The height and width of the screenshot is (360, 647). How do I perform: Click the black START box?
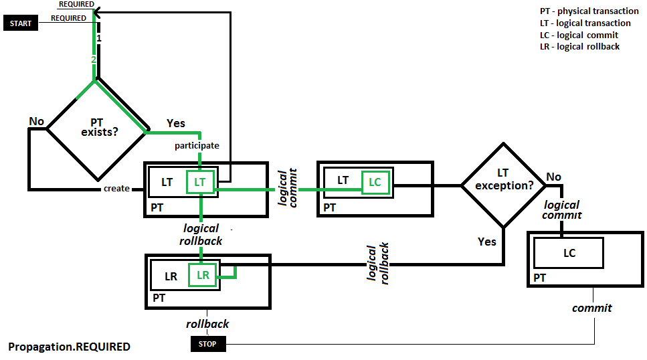pos(21,23)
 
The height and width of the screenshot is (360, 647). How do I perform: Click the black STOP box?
pos(208,345)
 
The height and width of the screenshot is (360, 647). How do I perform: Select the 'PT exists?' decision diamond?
pos(96,127)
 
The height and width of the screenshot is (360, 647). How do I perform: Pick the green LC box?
pos(375,181)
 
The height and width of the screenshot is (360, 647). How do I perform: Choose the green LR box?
pos(203,275)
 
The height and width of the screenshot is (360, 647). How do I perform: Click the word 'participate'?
pos(197,145)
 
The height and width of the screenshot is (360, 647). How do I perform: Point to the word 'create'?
pos(116,189)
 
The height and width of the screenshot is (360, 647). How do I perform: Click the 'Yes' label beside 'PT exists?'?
pos(175,123)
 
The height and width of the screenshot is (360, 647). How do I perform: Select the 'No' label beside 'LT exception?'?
pos(553,177)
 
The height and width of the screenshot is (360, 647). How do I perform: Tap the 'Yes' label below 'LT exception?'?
pos(487,241)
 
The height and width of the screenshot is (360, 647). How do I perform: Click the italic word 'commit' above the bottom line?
pos(591,308)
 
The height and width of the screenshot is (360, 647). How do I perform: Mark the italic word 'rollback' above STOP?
pos(207,324)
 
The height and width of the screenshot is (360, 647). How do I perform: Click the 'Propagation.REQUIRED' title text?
pos(69,347)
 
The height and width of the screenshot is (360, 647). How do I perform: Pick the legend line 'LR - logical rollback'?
pos(579,46)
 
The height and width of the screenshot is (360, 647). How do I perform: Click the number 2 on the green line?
pos(94,60)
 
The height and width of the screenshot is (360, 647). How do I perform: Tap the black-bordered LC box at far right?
pos(569,253)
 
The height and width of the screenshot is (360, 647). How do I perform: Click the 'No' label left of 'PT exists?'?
pos(36,121)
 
